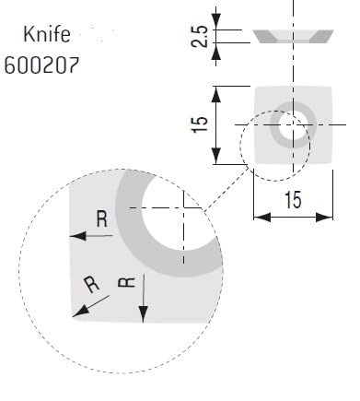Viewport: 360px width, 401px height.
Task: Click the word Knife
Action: pyautogui.click(x=47, y=34)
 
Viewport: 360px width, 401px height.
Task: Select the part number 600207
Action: pyautogui.click(x=41, y=65)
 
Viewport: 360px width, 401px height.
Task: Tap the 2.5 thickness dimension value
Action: pyautogui.click(x=199, y=36)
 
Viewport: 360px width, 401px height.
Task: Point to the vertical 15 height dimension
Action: pyautogui.click(x=199, y=124)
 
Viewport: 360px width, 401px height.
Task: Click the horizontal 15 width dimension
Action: pyautogui.click(x=293, y=200)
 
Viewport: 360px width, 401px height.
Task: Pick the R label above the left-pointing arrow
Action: pyautogui.click(x=102, y=218)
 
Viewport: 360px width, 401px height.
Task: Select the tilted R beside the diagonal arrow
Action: pyautogui.click(x=91, y=284)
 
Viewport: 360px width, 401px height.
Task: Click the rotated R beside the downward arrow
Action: pyautogui.click(x=126, y=282)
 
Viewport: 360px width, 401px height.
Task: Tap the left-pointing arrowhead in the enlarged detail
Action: pyautogui.click(x=78, y=236)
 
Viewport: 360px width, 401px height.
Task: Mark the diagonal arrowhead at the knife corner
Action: pyautogui.click(x=80, y=312)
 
